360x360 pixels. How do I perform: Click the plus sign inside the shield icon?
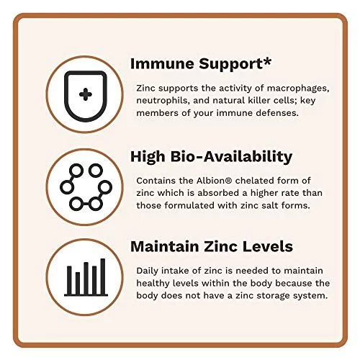point(86,94)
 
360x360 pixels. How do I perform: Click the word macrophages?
point(298,89)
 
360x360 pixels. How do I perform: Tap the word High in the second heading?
point(148,157)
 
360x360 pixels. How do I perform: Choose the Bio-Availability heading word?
point(231,157)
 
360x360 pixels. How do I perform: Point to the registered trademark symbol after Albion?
point(229,180)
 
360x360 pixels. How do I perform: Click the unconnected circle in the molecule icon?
point(96,171)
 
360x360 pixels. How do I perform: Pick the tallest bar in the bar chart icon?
point(103,276)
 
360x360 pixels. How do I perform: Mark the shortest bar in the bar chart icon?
point(78,284)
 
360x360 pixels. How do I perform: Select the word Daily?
point(148,271)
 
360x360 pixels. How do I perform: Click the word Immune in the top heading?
point(162,63)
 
